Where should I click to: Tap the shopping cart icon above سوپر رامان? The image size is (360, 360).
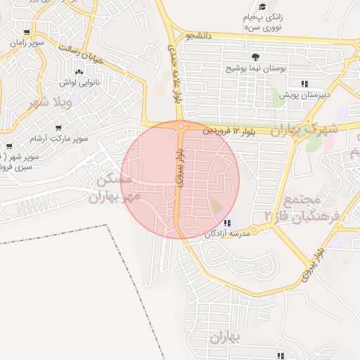(x=27, y=32)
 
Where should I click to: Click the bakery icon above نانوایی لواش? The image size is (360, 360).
(x=78, y=72)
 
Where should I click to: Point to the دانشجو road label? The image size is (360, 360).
(x=200, y=35)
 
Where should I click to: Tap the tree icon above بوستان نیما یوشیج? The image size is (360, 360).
(x=254, y=57)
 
